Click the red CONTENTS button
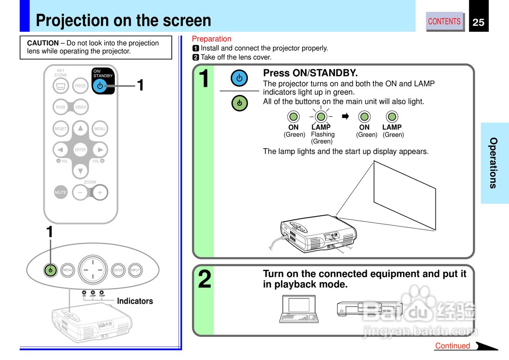[444, 21]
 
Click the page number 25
[478, 22]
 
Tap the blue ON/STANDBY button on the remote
[99, 85]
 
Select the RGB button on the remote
[60, 107]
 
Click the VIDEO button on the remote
[81, 107]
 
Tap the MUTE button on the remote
[60, 192]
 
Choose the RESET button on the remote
[60, 129]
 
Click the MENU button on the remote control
[100, 129]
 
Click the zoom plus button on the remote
[100, 192]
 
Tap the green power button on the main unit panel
[50, 270]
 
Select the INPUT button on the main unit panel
[136, 270]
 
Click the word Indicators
[135, 301]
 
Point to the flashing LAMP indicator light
[321, 116]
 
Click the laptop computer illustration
[299, 308]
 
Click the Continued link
[453, 346]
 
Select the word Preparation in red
[212, 39]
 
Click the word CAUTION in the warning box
[43, 43]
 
